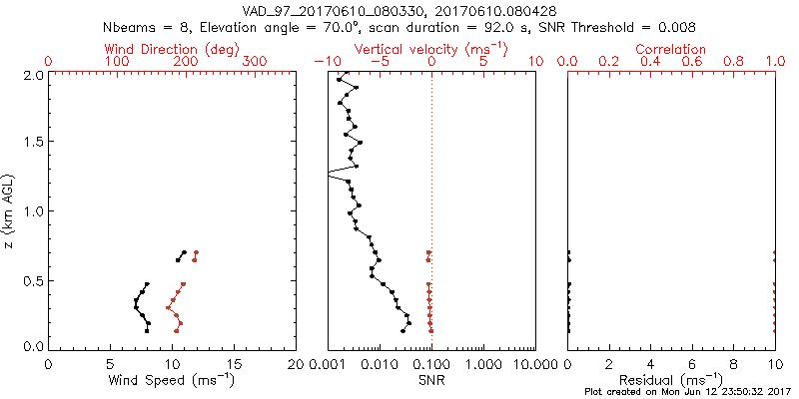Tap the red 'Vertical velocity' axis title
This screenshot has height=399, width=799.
[430, 49]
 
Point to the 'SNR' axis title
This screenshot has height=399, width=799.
[430, 379]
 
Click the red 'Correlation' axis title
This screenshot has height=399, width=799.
[671, 49]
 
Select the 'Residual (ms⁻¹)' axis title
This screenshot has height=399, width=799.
[671, 379]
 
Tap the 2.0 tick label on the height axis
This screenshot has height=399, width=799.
[33, 75]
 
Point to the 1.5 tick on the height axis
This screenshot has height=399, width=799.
[33, 143]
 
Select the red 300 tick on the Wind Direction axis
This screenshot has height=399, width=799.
[256, 62]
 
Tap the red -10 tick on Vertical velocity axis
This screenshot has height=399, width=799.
[324, 62]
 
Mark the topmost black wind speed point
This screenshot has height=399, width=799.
[184, 252]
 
